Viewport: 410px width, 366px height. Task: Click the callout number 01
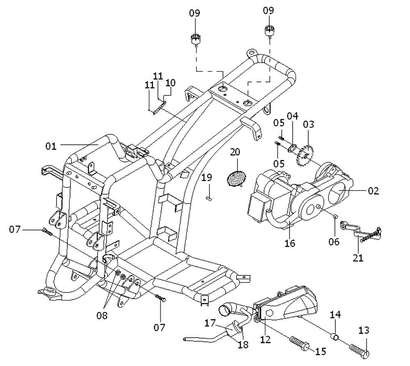[x=51, y=146]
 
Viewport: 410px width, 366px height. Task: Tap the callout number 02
[x=373, y=191]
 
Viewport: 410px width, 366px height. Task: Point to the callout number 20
[x=235, y=152]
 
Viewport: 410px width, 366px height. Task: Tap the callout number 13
[x=363, y=330]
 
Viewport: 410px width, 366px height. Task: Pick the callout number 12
[x=265, y=340]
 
